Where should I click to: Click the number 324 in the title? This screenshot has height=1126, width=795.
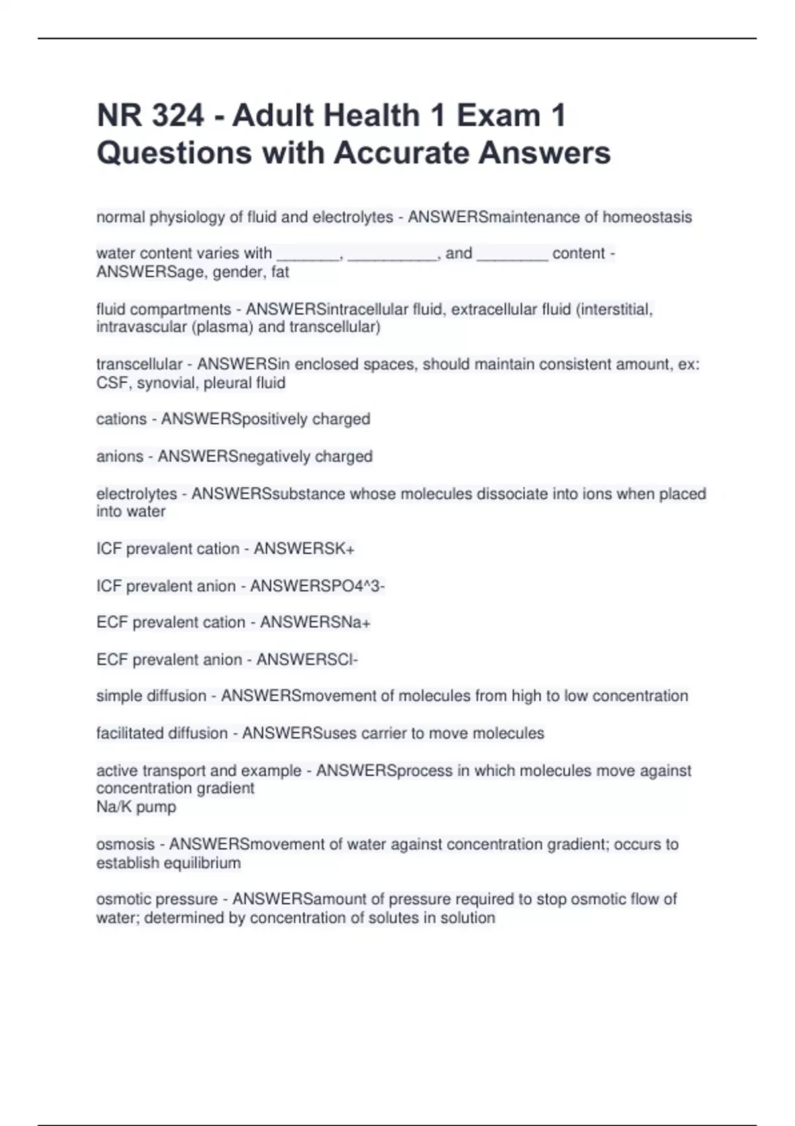[178, 116]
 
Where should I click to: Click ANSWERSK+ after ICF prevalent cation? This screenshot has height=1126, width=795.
[304, 549]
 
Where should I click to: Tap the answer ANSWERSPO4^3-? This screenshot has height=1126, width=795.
[317, 586]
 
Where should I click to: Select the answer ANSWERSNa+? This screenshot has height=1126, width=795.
[315, 623]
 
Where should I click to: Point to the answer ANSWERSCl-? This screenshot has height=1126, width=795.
[307, 660]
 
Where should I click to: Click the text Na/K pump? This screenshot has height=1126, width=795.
[136, 807]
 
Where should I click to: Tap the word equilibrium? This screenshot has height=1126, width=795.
[203, 863]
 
